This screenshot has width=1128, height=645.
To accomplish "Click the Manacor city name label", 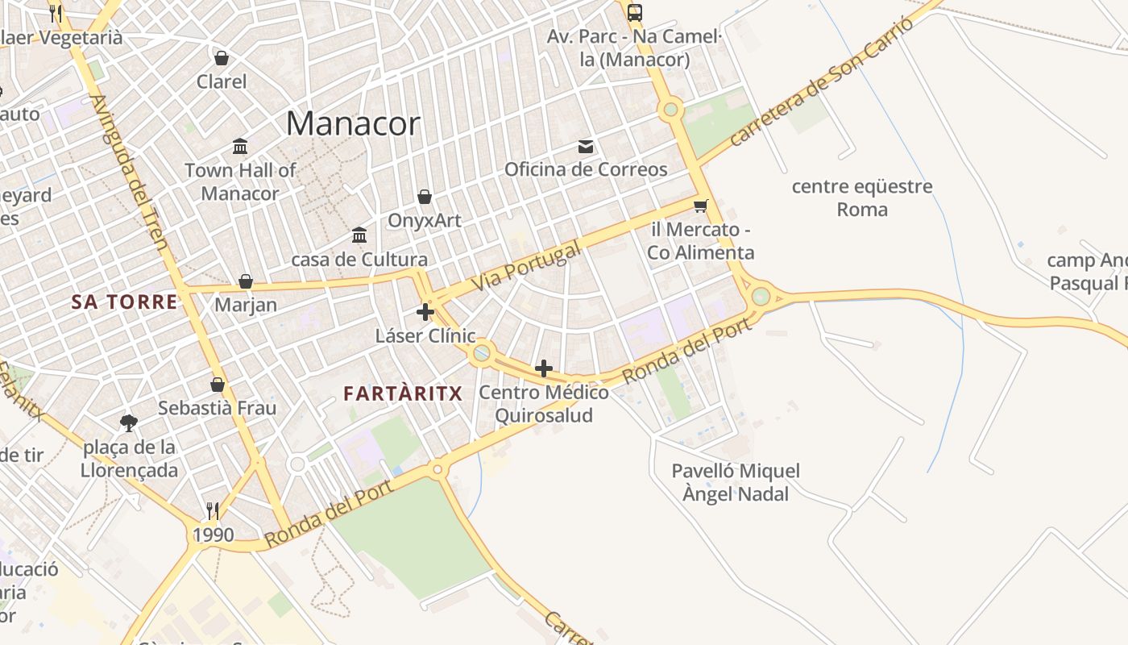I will tap(353, 124).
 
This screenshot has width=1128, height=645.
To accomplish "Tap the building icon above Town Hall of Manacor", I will tap(240, 147).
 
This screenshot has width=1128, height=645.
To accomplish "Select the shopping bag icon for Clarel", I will tap(222, 58).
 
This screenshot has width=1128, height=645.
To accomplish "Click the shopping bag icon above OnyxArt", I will tap(425, 197).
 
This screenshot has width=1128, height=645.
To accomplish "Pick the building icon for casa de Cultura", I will tap(359, 235).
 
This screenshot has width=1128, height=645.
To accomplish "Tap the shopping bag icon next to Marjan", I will tap(246, 281).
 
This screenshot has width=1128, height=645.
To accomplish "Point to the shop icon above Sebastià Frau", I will tap(218, 385).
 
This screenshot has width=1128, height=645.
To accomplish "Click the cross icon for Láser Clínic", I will tap(425, 312).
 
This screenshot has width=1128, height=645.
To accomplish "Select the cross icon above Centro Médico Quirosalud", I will tap(544, 369).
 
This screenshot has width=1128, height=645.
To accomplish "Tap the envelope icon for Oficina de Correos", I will tap(586, 147).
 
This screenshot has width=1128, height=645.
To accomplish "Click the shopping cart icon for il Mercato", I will tap(701, 206).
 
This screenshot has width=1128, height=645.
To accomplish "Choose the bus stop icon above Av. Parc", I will tap(635, 12).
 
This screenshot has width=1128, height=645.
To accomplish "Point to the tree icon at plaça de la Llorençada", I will tap(129, 422).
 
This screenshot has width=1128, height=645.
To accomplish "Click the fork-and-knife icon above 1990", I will tap(213, 510).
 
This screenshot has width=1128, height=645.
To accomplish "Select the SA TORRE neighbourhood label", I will tap(124, 302).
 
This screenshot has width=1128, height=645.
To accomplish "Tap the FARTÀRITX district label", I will tap(403, 393).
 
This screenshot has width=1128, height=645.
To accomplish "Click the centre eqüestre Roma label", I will tap(862, 198).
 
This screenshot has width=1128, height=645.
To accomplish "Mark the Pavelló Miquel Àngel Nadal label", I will tap(736, 482).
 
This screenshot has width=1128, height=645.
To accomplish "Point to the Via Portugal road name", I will tap(525, 268).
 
